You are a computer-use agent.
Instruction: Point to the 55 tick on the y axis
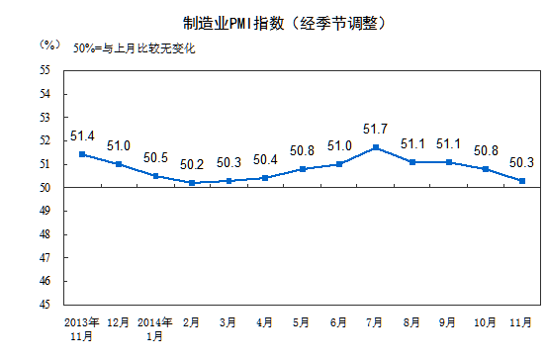tap(46, 70)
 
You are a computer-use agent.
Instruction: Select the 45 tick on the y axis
tap(46, 304)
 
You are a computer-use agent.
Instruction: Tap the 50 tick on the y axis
tap(46, 187)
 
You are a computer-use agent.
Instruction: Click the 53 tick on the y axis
tap(46, 117)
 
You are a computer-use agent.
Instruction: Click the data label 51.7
tap(376, 130)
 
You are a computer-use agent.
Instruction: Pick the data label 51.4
tap(82, 136)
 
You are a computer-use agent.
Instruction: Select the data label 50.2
tap(192, 165)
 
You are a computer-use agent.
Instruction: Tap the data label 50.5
tap(155, 158)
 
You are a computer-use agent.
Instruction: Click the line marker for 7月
tap(376, 147)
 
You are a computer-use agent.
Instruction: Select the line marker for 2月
tap(192, 183)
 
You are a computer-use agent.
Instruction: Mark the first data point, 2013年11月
tap(82, 154)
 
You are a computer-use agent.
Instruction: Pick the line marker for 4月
tap(266, 178)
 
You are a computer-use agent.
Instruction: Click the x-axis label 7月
tap(376, 322)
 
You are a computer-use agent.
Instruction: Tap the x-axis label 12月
tap(119, 322)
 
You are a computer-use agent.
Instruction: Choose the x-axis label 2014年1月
tap(155, 328)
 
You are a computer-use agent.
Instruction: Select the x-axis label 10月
tap(486, 322)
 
